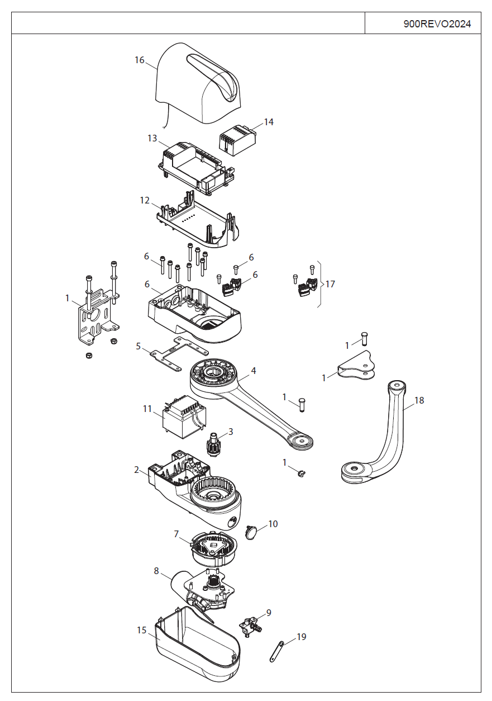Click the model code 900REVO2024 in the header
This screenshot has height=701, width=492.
[x=437, y=24]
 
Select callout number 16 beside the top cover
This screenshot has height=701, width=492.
[x=140, y=60]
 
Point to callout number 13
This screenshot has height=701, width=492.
[x=152, y=138]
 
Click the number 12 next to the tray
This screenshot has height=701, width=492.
[x=145, y=200]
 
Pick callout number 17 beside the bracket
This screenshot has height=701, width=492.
[x=330, y=284]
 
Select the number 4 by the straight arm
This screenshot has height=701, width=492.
[x=254, y=371]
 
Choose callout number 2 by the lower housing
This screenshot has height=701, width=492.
[x=137, y=470]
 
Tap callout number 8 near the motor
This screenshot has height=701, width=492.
[x=156, y=571]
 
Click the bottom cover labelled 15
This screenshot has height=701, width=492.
[x=195, y=648]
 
